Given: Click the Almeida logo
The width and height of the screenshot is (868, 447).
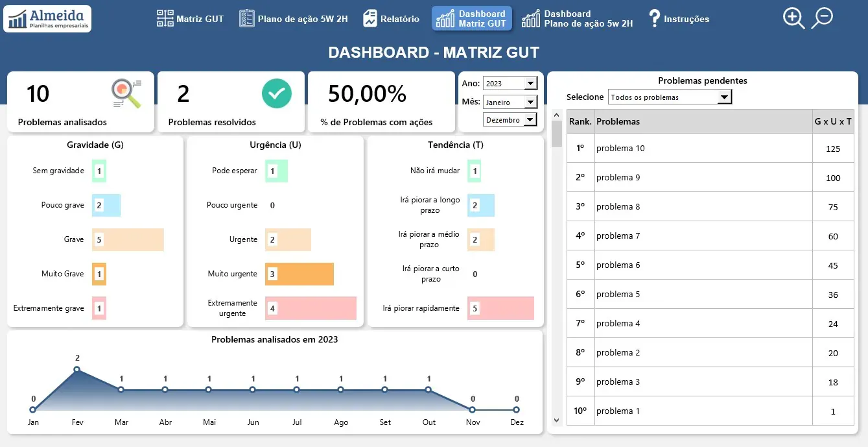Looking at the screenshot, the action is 47,19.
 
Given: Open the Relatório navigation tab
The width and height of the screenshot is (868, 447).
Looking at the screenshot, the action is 391,19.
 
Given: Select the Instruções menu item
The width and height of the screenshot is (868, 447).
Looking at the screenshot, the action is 679,19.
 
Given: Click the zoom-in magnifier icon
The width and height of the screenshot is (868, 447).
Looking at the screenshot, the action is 793,18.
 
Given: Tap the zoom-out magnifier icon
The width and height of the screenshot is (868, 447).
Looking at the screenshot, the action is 822,18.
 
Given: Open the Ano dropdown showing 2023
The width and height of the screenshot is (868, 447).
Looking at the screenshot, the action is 510,83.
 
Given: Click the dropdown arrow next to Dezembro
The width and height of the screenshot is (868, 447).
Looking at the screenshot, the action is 530,120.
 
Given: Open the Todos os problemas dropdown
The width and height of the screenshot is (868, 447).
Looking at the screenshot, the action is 670,97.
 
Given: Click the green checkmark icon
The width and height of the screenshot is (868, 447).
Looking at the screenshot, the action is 277,93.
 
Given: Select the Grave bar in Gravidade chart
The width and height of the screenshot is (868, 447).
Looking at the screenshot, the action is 128,239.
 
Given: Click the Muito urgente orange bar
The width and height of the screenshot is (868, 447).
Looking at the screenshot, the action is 299,274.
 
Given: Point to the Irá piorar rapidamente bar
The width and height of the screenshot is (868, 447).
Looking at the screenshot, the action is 500,308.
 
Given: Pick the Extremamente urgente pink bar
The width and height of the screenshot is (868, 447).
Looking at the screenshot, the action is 311,308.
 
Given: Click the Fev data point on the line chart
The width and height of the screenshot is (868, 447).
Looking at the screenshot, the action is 76,369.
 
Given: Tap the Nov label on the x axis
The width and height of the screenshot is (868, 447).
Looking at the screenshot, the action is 473,422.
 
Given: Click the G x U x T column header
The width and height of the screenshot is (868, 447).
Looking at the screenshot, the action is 833,122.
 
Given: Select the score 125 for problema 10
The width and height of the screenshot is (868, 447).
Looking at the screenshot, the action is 833,149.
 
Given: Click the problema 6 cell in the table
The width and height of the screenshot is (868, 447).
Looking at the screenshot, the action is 618,265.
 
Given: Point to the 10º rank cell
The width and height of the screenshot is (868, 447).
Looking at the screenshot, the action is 580,411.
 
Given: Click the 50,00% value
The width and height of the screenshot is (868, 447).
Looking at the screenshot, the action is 367,94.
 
